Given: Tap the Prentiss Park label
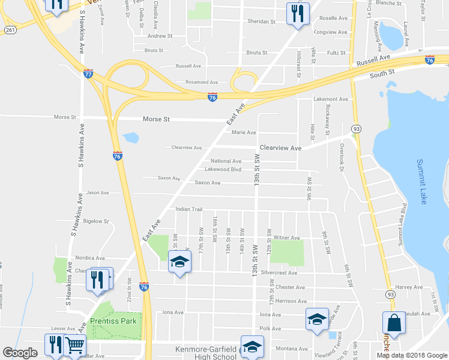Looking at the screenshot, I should point(113,321).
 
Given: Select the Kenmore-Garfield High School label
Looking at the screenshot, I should point(197,353).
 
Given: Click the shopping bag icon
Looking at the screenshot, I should point(394,323).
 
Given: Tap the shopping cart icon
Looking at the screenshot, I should point(75,344).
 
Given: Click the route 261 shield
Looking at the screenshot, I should point(9,29).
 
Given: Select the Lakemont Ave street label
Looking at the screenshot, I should point(331,99).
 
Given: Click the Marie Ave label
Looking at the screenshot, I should point(244,133).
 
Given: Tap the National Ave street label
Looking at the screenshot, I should point(226,161).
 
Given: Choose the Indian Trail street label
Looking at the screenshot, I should point(188,209).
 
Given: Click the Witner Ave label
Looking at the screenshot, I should point(286,238).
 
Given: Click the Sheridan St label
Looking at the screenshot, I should point(261,22).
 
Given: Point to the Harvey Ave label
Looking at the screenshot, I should point(409,287).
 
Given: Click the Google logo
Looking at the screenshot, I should point(20,353).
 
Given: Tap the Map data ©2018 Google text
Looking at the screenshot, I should point(412,355).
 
